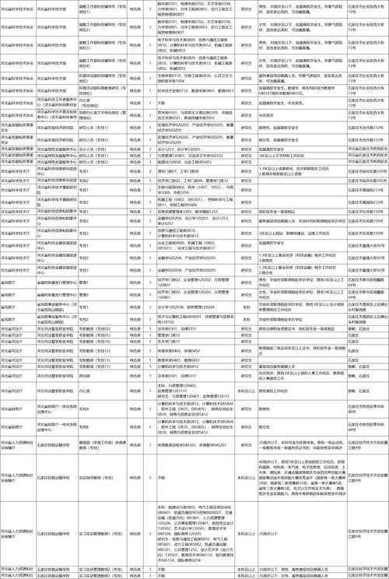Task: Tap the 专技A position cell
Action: (100, 407)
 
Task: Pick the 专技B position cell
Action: (100, 426)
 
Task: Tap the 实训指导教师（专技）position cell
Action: (100, 477)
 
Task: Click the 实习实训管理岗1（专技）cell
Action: (100, 527)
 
